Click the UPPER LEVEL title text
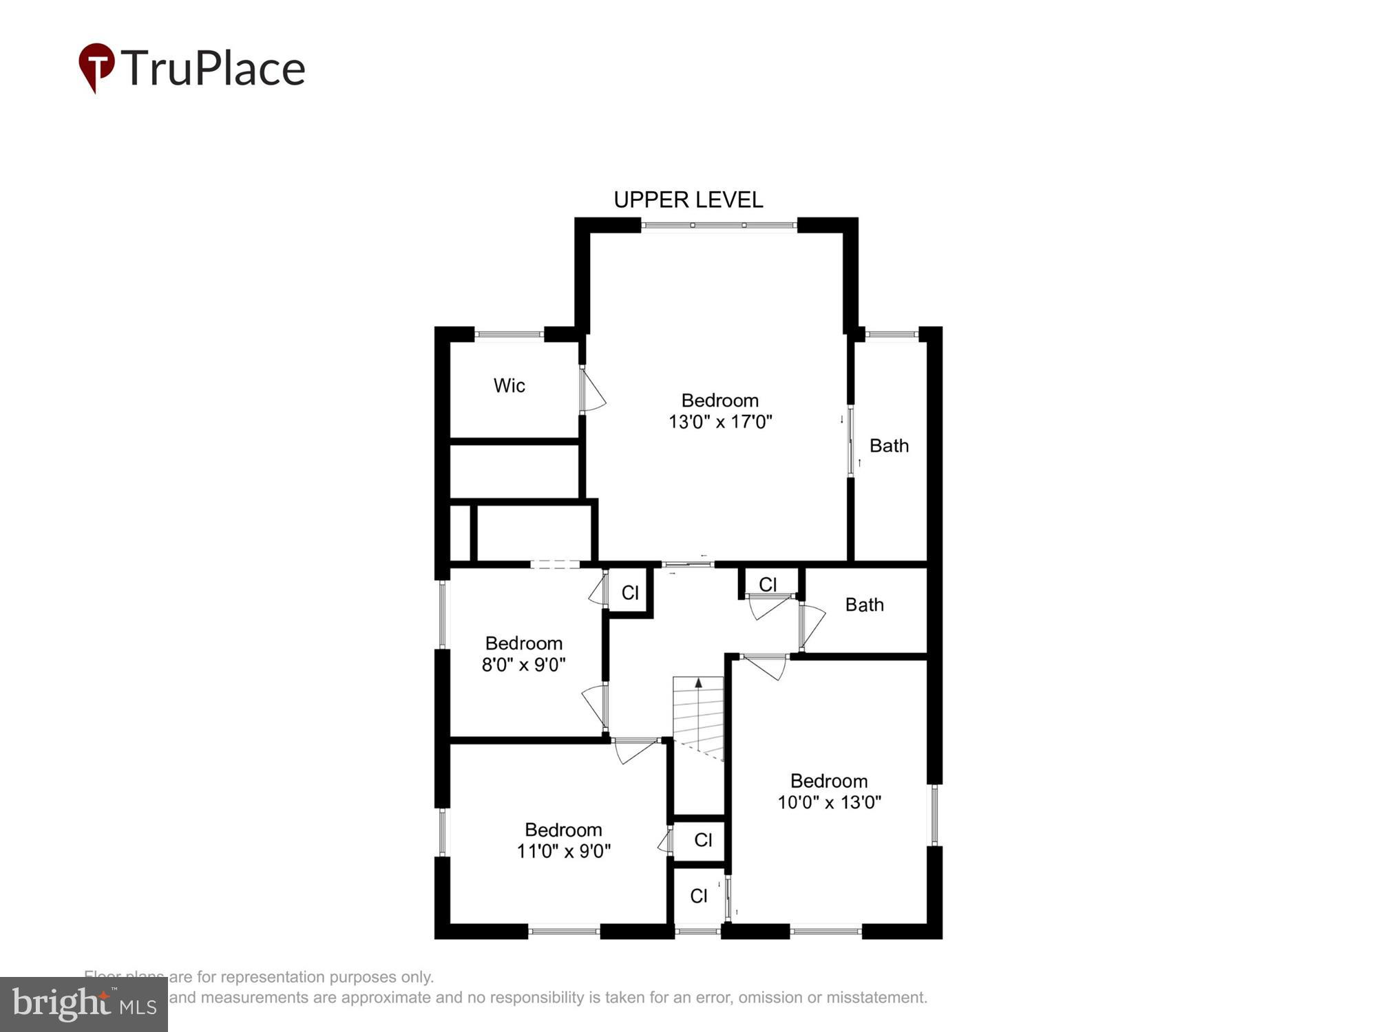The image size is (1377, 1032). [x=688, y=200]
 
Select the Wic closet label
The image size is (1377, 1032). [x=509, y=385]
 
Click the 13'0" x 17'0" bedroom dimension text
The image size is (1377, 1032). [x=720, y=422]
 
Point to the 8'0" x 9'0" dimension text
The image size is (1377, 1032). [x=523, y=665]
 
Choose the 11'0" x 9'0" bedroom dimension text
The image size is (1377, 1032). [x=563, y=851]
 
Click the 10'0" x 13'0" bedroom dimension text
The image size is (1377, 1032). [x=829, y=802]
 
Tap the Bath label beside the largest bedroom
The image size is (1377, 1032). [x=888, y=446]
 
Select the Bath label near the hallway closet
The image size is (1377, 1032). [x=864, y=605]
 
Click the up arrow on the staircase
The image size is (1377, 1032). [x=698, y=684]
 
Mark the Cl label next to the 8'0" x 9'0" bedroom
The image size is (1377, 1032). [x=630, y=592]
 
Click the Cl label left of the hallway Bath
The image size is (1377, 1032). [x=768, y=584]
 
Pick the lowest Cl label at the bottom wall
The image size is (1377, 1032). [x=698, y=896]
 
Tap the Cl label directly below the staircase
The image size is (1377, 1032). [x=703, y=839]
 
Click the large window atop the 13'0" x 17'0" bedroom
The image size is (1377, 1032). [x=719, y=225]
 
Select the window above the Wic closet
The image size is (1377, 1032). [x=509, y=334]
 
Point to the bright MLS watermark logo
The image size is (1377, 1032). [x=84, y=1004]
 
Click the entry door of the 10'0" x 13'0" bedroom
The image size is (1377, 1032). [x=764, y=664]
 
